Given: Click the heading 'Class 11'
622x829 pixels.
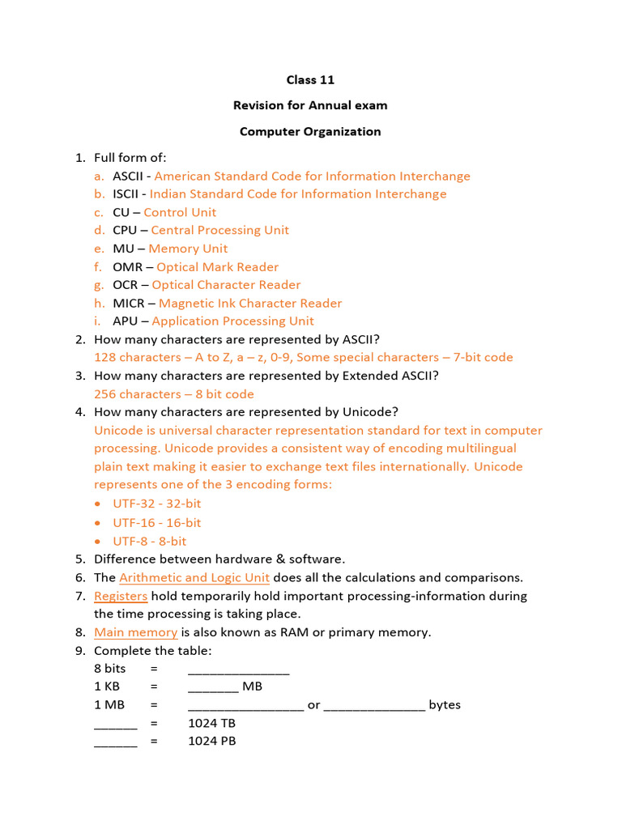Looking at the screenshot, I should pyautogui.click(x=310, y=80).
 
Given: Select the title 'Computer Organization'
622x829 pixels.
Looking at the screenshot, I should pyautogui.click(x=310, y=131).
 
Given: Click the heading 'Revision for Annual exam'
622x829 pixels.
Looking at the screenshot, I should pyautogui.click(x=310, y=105).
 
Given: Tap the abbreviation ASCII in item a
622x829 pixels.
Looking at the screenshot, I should pyautogui.click(x=128, y=176).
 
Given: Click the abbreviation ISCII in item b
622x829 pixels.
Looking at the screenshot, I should pyautogui.click(x=127, y=194).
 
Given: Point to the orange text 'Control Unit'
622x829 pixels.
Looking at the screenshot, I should pyautogui.click(x=180, y=212).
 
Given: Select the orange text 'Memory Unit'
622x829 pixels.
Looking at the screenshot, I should pyautogui.click(x=188, y=249).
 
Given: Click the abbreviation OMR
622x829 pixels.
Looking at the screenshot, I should pyautogui.click(x=127, y=267).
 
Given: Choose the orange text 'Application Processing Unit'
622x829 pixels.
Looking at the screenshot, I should pyautogui.click(x=232, y=321).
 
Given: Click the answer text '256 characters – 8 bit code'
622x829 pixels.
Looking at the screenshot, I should pyautogui.click(x=174, y=394).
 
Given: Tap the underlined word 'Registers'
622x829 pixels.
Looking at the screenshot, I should pyautogui.click(x=121, y=596).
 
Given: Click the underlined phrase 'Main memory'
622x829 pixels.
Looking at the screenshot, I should pyautogui.click(x=135, y=632).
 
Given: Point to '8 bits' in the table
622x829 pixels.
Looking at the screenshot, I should pyautogui.click(x=110, y=669).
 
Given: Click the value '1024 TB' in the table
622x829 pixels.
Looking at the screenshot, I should pyautogui.click(x=212, y=723).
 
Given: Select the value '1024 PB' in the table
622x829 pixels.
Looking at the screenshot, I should pyautogui.click(x=212, y=741).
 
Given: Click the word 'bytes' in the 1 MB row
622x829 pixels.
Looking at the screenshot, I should pyautogui.click(x=445, y=705).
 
